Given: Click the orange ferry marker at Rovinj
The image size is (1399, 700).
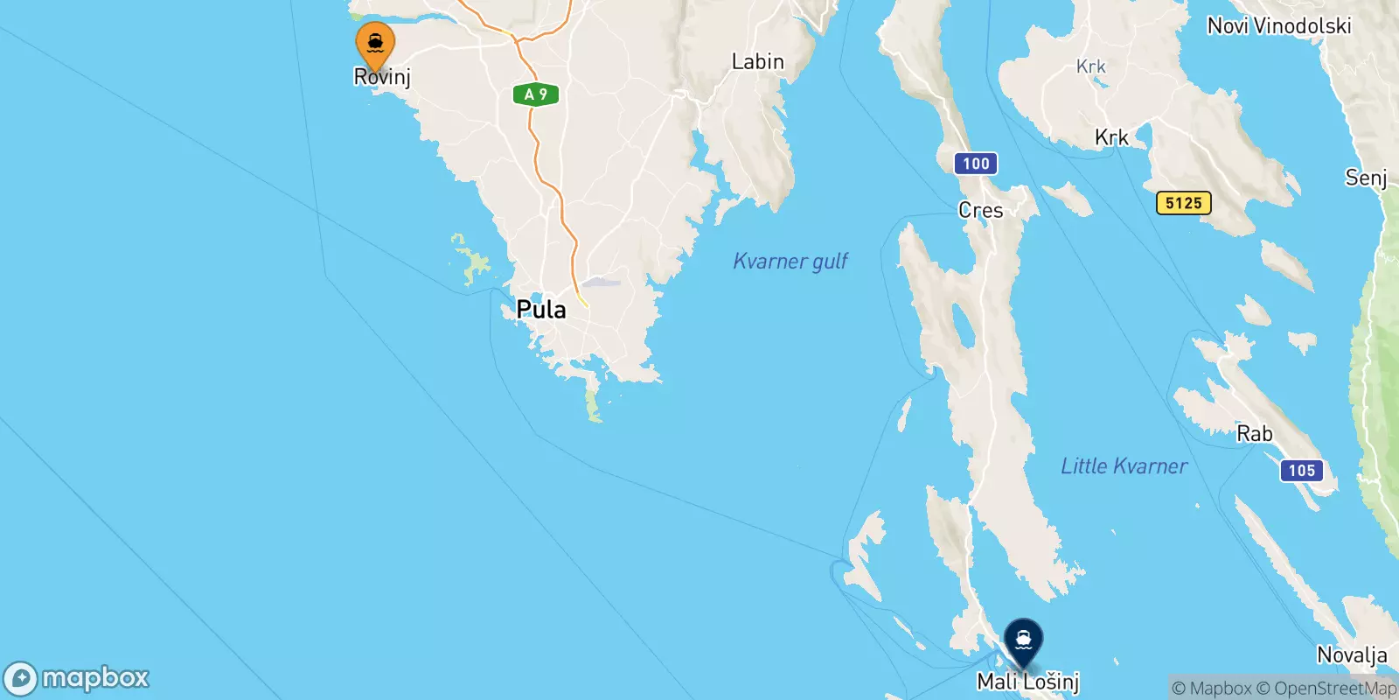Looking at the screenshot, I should pyautogui.click(x=375, y=44).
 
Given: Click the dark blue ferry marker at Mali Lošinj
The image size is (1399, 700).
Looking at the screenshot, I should pyautogui.click(x=1023, y=640).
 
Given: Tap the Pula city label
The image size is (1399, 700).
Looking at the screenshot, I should pyautogui.click(x=541, y=309).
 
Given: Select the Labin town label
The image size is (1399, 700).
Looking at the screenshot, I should pyautogui.click(x=757, y=62).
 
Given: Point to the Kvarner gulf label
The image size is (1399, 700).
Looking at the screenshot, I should pyautogui.click(x=790, y=261).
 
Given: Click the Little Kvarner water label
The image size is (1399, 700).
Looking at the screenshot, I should pyautogui.click(x=1124, y=466).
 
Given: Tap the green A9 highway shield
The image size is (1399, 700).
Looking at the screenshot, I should pyautogui.click(x=535, y=94).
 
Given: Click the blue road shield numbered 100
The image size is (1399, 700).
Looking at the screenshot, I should pyautogui.click(x=976, y=164).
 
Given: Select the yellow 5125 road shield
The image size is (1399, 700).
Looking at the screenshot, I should pyautogui.click(x=1183, y=203).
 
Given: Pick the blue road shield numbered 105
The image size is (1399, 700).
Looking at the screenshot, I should pyautogui.click(x=1301, y=471).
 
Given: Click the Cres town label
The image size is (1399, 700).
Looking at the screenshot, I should pyautogui.click(x=980, y=210).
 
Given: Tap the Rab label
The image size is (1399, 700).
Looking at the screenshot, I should pyautogui.click(x=1254, y=434).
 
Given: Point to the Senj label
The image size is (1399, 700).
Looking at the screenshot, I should pyautogui.click(x=1366, y=178).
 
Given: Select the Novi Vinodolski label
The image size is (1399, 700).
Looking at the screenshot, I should pyautogui.click(x=1278, y=26).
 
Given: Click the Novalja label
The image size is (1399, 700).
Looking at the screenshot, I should pyautogui.click(x=1352, y=654).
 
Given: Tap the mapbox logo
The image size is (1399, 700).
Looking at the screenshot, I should pyautogui.click(x=77, y=678).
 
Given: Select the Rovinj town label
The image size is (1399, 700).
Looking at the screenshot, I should pyautogui.click(x=382, y=77).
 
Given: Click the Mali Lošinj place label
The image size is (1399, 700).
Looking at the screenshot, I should pyautogui.click(x=1028, y=682).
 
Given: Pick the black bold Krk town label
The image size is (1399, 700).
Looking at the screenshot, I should pyautogui.click(x=1111, y=137).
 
